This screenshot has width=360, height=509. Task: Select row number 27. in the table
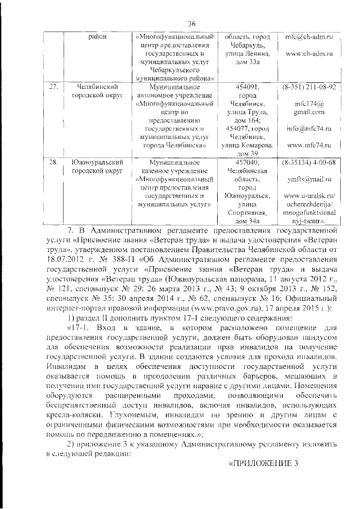coord(54,87)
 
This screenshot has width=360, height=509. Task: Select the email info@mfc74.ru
coord(308,128)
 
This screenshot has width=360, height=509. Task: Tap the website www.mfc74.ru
coord(308,145)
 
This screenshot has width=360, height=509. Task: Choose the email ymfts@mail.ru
coord(308,179)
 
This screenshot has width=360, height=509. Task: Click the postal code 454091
coord(248,87)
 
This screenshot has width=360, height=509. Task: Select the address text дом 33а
coord(248,62)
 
